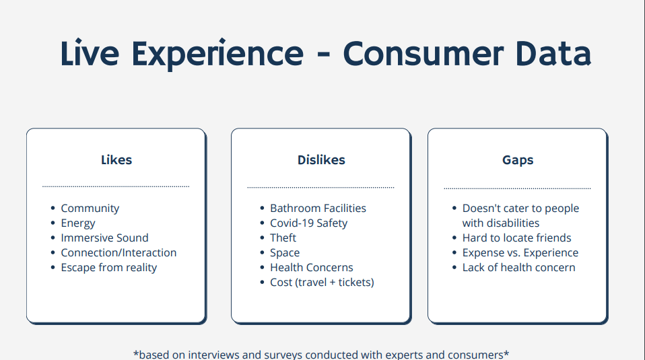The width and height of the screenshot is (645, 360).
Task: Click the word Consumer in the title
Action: (423, 54)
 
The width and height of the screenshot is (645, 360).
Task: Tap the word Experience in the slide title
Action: (217, 55)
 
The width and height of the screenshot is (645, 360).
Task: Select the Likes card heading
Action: (116, 160)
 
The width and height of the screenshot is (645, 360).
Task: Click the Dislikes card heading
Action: (321, 160)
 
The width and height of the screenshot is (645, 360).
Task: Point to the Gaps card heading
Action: (518, 160)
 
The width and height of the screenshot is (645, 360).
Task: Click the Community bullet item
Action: (90, 209)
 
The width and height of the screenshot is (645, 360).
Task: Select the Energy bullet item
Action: (78, 223)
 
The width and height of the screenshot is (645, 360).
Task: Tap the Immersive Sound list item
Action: (104, 238)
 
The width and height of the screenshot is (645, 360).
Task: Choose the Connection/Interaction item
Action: (119, 253)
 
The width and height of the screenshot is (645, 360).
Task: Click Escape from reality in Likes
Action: (109, 268)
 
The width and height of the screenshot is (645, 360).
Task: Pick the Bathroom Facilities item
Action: (318, 209)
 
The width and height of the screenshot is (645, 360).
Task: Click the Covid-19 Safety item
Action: (308, 223)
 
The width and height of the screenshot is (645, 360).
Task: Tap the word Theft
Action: (283, 238)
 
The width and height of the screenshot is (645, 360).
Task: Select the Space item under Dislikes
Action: (285, 253)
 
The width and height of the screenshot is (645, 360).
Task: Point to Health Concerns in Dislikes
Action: (312, 268)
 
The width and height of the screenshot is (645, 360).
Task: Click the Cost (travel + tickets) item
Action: (322, 283)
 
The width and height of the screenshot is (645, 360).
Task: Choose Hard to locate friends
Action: (516, 238)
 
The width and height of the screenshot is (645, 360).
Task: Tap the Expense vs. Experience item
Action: (520, 253)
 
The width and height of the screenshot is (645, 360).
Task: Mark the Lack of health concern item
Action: (518, 268)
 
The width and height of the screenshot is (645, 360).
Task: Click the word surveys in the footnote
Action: (283, 355)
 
